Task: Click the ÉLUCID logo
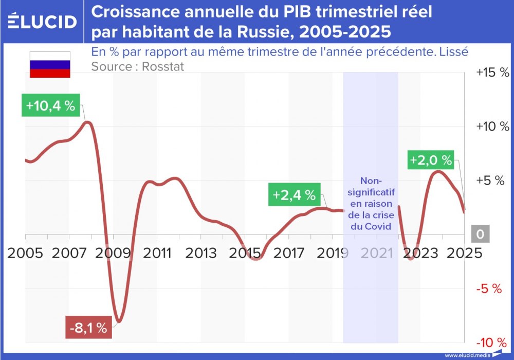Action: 43,22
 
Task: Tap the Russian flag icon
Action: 50,64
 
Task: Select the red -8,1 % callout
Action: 88,328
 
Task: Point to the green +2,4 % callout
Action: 294,195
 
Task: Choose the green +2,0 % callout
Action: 431,160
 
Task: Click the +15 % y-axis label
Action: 492,73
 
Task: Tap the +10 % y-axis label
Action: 492,127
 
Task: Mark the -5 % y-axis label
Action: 488,289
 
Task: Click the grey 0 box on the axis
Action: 480,234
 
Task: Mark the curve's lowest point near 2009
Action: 119,322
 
